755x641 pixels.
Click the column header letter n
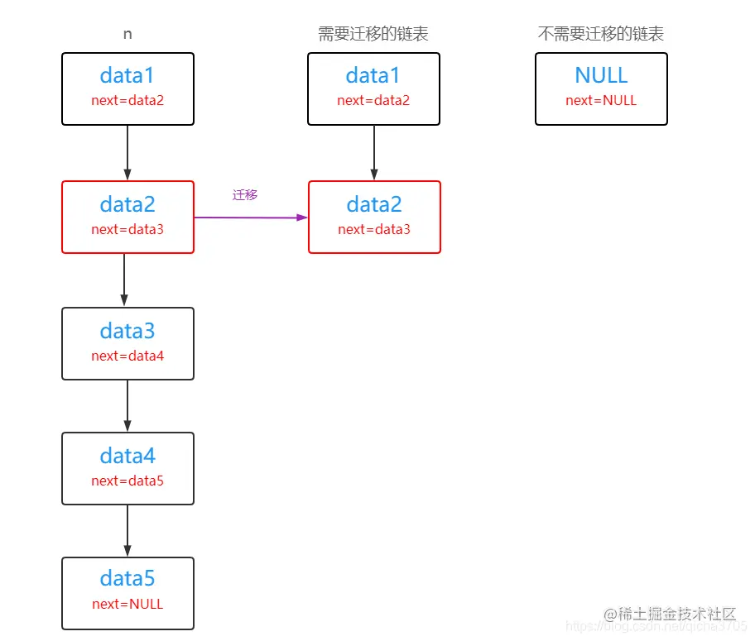coord(127,34)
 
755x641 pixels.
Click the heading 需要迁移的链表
coord(373,34)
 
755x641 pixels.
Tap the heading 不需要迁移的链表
coord(601,34)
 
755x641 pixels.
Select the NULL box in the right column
coord(601,88)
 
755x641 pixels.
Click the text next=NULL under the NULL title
coord(601,100)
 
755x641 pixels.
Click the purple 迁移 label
coord(245,194)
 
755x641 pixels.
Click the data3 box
coord(127,343)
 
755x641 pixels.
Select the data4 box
coord(127,468)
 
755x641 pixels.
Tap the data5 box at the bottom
coord(127,592)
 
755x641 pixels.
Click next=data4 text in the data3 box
coord(127,356)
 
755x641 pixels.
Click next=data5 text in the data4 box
coord(127,481)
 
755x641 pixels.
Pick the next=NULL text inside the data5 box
coord(127,604)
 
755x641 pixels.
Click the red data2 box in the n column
coord(127,217)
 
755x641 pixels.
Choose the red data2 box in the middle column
coord(374,217)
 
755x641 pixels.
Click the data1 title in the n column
coord(127,75)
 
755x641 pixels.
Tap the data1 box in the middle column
coord(373,88)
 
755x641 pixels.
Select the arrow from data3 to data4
coord(127,405)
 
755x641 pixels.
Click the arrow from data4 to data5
coord(127,530)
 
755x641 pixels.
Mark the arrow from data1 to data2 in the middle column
coord(374,153)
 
